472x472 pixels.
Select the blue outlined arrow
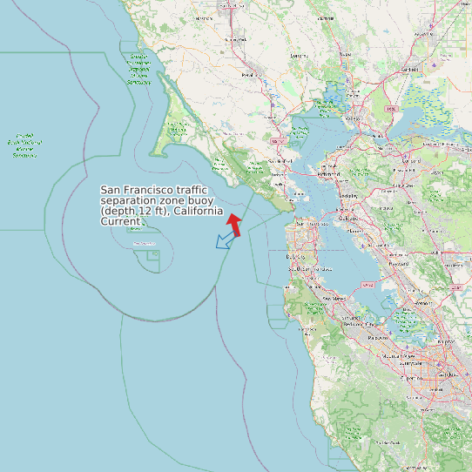[225, 241]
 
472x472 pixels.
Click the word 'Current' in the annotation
[119, 222]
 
